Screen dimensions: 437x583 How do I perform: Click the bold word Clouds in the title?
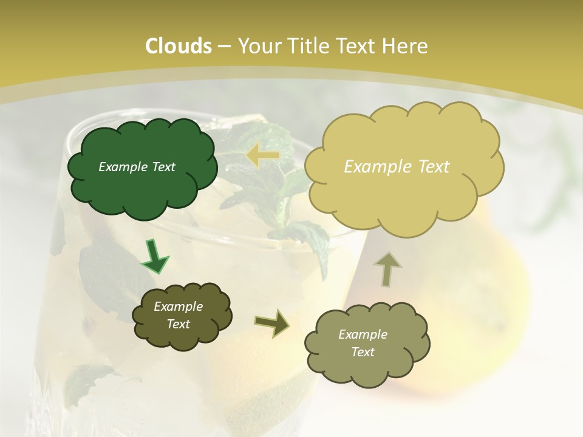point(178,46)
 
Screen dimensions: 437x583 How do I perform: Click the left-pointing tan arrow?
point(262,156)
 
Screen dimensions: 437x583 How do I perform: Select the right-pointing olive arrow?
point(272,324)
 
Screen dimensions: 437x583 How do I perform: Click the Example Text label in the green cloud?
point(137,167)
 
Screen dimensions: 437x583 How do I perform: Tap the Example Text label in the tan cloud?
point(397,167)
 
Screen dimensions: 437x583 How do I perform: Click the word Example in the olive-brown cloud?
point(178,307)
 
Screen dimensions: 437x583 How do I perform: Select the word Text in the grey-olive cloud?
point(363,352)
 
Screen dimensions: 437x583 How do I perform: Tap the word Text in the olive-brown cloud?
point(178,324)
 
